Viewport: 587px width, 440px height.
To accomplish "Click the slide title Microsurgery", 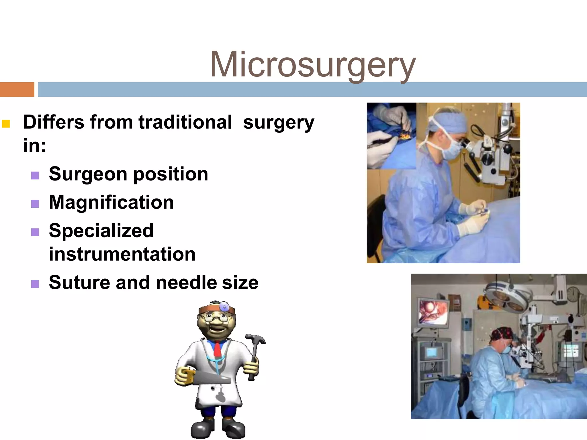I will (312, 65).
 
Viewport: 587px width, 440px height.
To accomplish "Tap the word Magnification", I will (111, 203).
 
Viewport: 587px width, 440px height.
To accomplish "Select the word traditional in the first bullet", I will (185, 122).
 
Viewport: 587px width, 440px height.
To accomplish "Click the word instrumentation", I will (122, 254).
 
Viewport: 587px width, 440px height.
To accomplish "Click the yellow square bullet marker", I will (6, 124).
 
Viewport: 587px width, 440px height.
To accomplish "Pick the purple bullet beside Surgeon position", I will (35, 175).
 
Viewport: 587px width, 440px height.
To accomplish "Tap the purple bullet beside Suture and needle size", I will (35, 284).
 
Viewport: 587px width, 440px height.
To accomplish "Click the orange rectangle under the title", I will (17, 89).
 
